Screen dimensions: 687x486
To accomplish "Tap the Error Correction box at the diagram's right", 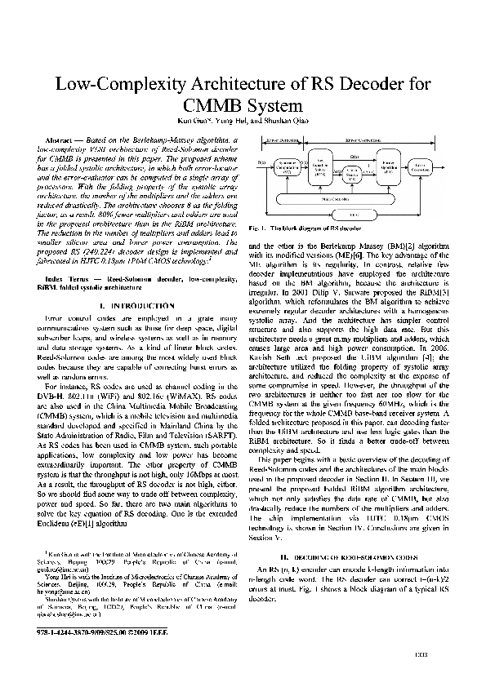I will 421,168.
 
